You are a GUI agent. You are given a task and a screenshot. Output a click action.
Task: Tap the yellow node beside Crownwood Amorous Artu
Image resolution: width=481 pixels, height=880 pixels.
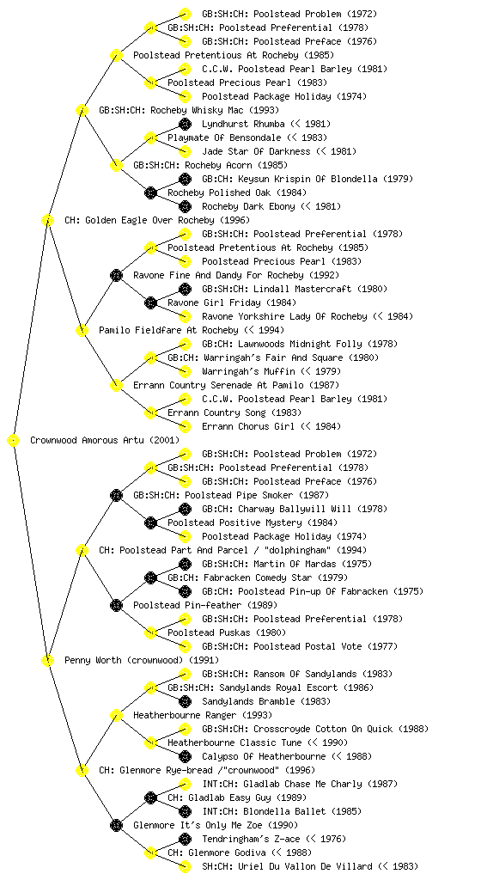[14, 440]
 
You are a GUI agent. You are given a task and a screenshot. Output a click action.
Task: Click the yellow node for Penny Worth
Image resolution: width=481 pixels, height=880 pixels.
[47, 660]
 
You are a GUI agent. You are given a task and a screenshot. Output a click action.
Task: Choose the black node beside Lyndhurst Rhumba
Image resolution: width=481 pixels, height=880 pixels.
[185, 124]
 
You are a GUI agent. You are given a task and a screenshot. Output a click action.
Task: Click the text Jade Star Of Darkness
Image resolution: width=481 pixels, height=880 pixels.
[256, 151]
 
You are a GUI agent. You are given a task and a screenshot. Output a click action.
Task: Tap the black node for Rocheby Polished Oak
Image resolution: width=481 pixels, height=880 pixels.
[150, 192]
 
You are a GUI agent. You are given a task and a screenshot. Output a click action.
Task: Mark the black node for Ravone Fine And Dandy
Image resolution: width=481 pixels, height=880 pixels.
[116, 275]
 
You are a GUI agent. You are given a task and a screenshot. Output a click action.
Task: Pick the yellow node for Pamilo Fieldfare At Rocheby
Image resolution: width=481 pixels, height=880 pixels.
[82, 330]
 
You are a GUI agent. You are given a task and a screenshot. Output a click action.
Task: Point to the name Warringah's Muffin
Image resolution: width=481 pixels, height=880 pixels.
[248, 371]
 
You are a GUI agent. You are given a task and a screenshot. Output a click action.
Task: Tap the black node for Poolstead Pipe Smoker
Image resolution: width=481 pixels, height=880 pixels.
[116, 495]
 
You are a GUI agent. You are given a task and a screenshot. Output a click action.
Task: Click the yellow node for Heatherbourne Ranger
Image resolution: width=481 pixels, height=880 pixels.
[116, 715]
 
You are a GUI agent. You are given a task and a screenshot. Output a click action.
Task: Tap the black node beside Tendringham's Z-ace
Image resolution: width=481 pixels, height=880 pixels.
[185, 839]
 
